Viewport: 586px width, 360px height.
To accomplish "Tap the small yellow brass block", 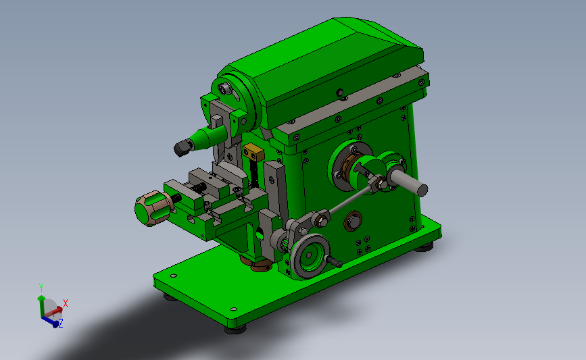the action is (x=253, y=153).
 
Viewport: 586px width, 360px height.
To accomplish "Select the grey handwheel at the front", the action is (x=310, y=256).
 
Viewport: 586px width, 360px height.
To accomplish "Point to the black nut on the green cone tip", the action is (x=183, y=147).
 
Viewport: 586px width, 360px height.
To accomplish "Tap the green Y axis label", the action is (x=41, y=288).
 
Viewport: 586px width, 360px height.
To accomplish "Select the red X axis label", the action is (x=66, y=303).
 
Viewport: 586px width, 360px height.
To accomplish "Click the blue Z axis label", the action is (x=61, y=323).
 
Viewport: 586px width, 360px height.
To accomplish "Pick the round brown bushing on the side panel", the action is (x=353, y=221).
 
